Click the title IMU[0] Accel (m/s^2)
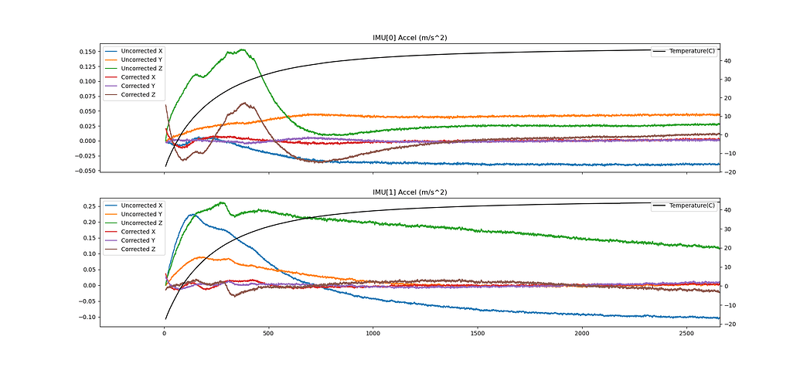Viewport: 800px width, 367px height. click(x=410, y=38)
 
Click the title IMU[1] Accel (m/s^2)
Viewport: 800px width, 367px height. click(x=410, y=192)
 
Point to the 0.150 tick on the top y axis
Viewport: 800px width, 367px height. click(x=87, y=52)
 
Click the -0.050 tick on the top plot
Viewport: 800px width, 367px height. click(x=85, y=171)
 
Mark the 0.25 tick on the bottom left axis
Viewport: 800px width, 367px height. click(x=89, y=206)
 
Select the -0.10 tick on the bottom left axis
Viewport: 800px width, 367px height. click(x=87, y=318)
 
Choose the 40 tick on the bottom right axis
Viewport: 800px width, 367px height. click(x=729, y=210)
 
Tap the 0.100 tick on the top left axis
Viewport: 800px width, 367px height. click(x=87, y=81)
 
